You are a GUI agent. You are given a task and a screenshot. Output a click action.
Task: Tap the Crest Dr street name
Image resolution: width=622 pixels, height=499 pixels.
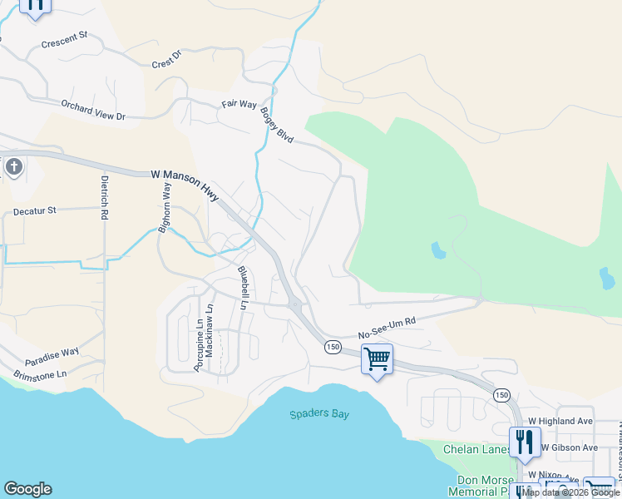pyautogui.click(x=166, y=61)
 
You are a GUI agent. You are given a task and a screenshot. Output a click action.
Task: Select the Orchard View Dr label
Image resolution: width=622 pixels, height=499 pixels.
pyautogui.click(x=93, y=111)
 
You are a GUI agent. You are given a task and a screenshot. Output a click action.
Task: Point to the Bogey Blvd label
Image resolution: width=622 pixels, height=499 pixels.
pyautogui.click(x=277, y=124)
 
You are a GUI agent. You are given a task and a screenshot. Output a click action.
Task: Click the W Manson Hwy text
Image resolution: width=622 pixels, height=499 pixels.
pyautogui.click(x=185, y=185)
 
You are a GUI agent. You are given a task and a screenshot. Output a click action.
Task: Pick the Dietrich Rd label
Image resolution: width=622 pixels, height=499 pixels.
pyautogui.click(x=105, y=197)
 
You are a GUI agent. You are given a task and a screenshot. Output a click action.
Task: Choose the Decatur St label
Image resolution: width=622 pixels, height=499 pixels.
pyautogui.click(x=34, y=211)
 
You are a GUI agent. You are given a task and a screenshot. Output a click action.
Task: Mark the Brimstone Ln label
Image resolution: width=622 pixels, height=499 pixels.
pyautogui.click(x=39, y=375)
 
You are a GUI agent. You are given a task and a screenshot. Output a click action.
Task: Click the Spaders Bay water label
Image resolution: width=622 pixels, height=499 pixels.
pyautogui.click(x=319, y=414)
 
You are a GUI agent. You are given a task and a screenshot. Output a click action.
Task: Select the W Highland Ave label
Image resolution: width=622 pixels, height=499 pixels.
pyautogui.click(x=565, y=421)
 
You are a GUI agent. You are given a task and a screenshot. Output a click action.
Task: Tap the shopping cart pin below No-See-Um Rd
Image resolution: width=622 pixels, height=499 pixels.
pyautogui.click(x=378, y=360)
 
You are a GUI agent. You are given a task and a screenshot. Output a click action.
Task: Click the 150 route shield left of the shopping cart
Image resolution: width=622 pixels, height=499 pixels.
pyautogui.click(x=332, y=347)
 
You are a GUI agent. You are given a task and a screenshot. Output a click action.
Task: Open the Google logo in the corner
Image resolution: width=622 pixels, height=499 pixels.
pyautogui.click(x=27, y=489)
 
